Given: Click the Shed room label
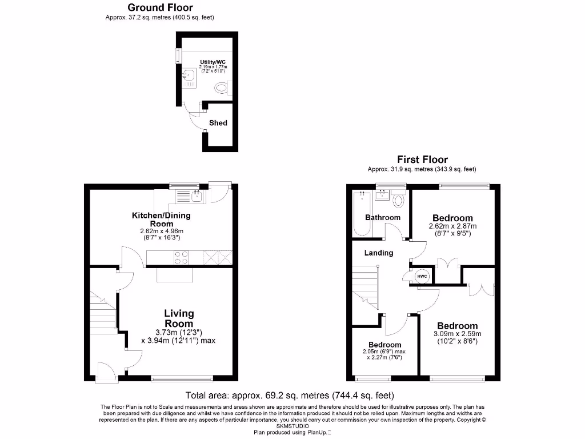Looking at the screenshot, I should click(x=218, y=123).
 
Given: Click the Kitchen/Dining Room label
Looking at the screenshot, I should click(x=161, y=219).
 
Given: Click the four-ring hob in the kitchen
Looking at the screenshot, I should click(x=181, y=258).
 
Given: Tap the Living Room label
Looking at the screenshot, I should click(x=179, y=318).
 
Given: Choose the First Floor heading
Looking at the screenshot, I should click(x=422, y=159).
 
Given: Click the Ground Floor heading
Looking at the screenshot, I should click(x=160, y=7).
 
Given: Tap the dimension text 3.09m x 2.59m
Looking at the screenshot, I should click(x=457, y=334).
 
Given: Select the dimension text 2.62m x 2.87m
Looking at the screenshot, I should click(x=452, y=226).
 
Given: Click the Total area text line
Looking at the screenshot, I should click(x=290, y=395).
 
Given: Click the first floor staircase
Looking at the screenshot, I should click(x=364, y=286).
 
